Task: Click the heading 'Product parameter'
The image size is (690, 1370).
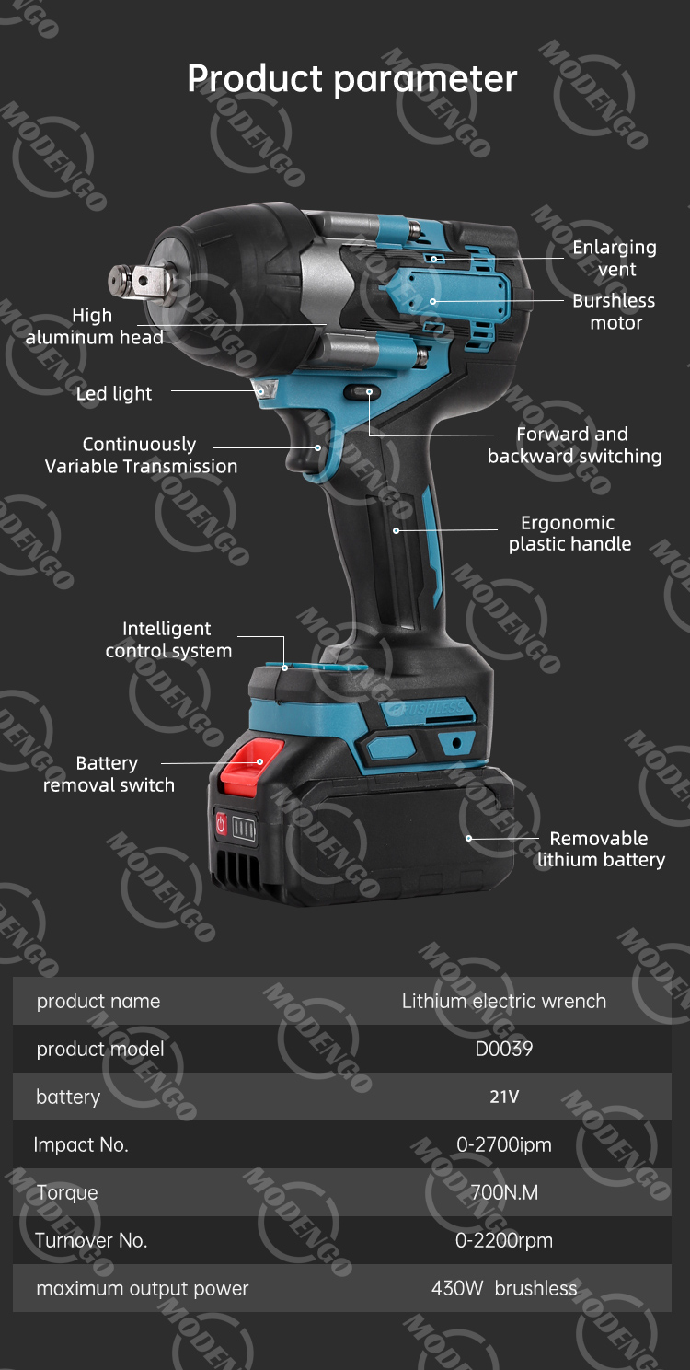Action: [351, 79]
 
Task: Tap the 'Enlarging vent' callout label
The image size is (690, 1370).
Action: [615, 258]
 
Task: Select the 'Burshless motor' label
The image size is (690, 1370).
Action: [614, 311]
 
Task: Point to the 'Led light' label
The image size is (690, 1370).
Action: [114, 394]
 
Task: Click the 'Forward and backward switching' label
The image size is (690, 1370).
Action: [574, 445]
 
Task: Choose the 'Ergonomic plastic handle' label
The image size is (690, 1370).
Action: [569, 533]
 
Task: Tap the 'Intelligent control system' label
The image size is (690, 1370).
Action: [168, 639]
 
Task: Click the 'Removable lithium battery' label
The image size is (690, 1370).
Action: [600, 849]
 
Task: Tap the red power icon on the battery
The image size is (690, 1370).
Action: [221, 824]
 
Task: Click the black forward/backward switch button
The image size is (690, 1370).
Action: [360, 393]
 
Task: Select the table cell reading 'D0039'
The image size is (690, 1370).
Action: [503, 1049]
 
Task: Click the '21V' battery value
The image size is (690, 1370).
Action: [503, 1097]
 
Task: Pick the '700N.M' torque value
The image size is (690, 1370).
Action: [503, 1192]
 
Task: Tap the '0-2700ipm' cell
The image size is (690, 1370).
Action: [503, 1144]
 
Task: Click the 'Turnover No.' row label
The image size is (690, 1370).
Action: [91, 1240]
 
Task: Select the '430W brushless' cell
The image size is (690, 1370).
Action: [503, 1288]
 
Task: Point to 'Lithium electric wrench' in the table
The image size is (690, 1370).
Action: [503, 1001]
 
